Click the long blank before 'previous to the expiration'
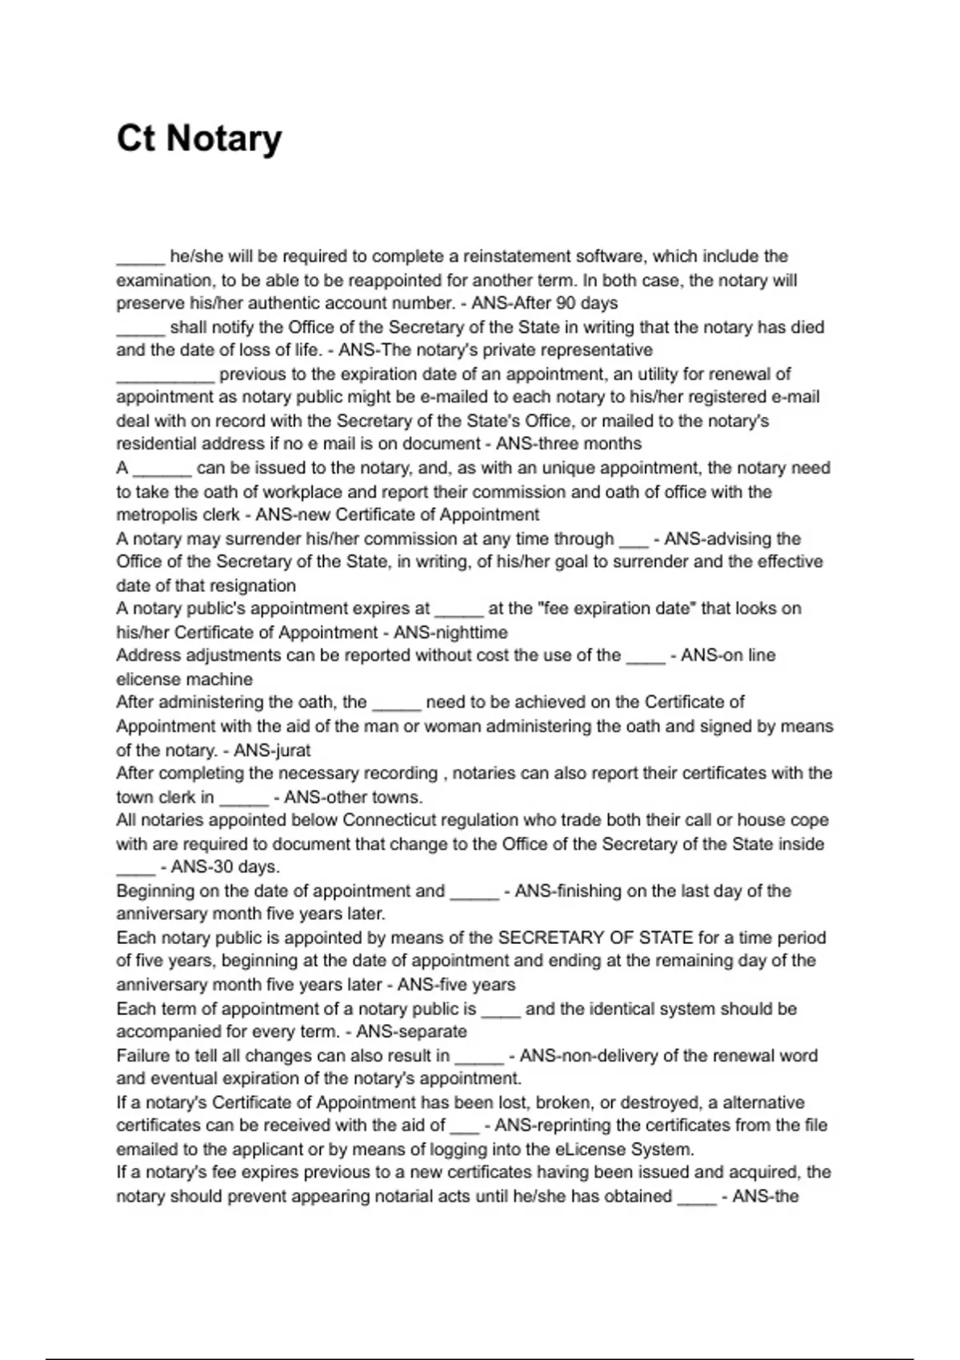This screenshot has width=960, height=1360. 166,374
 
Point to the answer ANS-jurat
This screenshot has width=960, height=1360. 271,750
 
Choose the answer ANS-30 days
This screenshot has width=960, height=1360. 220,867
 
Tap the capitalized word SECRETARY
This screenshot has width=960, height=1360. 544,938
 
